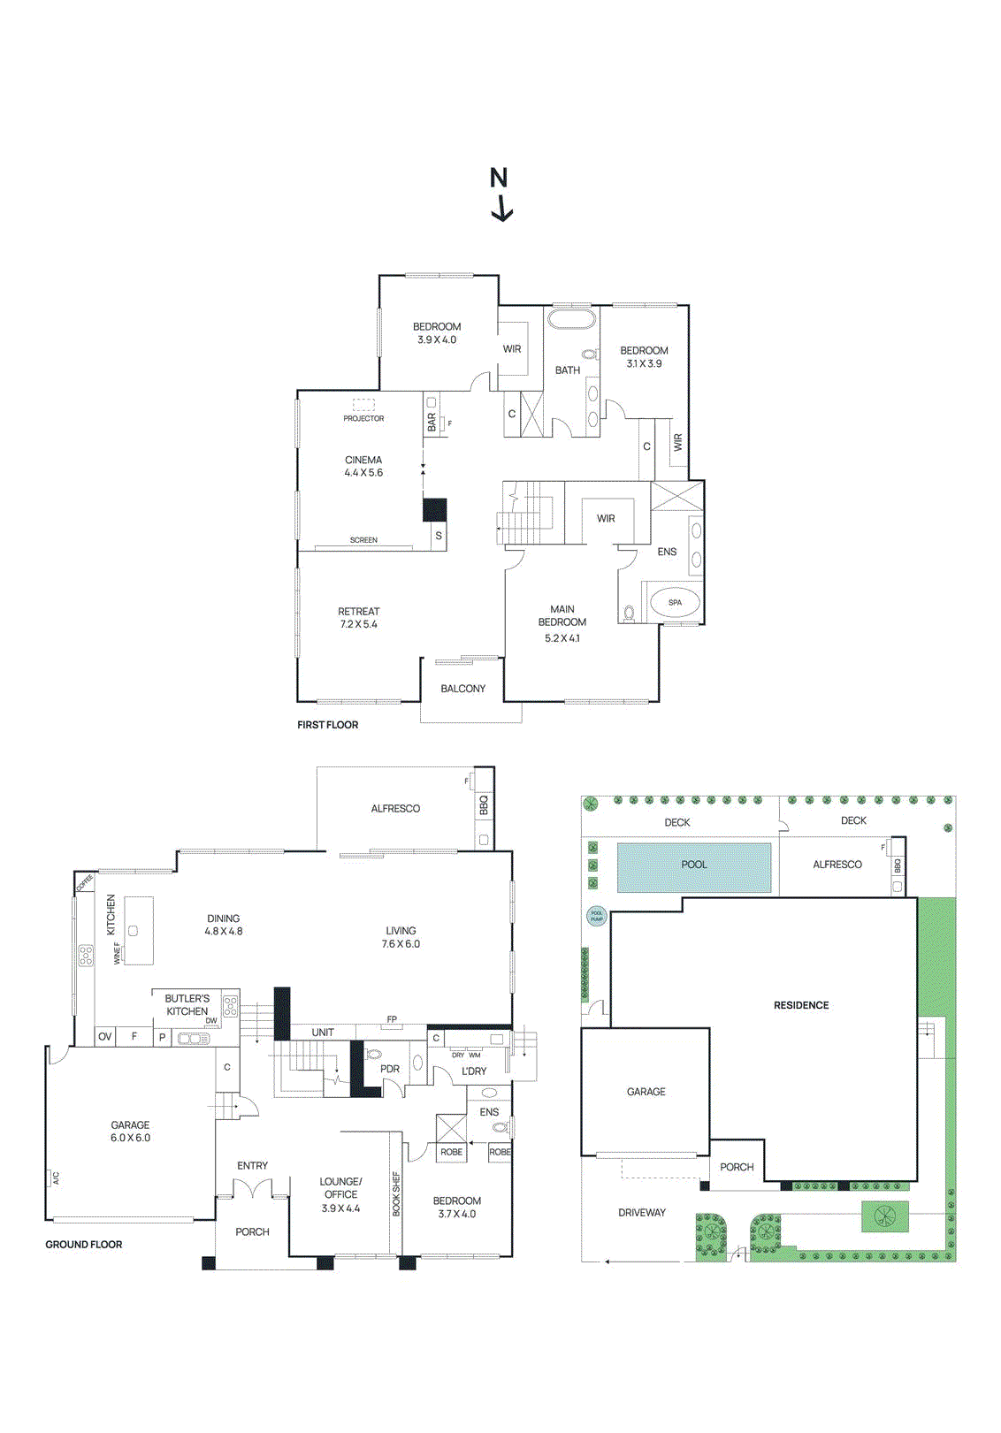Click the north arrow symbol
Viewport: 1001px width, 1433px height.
(500, 194)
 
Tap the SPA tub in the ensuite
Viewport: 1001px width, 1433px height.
(675, 603)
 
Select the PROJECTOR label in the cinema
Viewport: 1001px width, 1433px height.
(363, 418)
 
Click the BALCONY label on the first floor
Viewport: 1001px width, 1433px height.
(462, 689)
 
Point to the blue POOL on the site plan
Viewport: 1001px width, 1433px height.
(694, 865)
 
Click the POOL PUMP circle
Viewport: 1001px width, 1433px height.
(597, 916)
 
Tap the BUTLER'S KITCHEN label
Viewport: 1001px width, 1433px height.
(187, 1005)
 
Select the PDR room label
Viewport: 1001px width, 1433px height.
(390, 1069)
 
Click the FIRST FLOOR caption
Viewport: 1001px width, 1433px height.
(327, 725)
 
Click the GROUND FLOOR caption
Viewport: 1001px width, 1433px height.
(84, 1245)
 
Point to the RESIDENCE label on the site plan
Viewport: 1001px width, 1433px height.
(801, 1005)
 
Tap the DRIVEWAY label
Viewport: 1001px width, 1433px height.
(642, 1213)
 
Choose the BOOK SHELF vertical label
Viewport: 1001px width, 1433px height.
(396, 1193)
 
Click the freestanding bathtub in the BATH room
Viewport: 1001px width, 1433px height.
(571, 318)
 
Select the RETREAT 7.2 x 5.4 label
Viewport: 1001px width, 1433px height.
(358, 618)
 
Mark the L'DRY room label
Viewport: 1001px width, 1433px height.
(474, 1071)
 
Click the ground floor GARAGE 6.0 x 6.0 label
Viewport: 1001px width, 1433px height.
(130, 1132)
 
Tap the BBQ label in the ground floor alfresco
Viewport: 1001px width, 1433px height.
(484, 805)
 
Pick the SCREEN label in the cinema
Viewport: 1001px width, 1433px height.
(363, 540)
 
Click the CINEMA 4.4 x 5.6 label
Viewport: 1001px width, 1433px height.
(363, 466)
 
